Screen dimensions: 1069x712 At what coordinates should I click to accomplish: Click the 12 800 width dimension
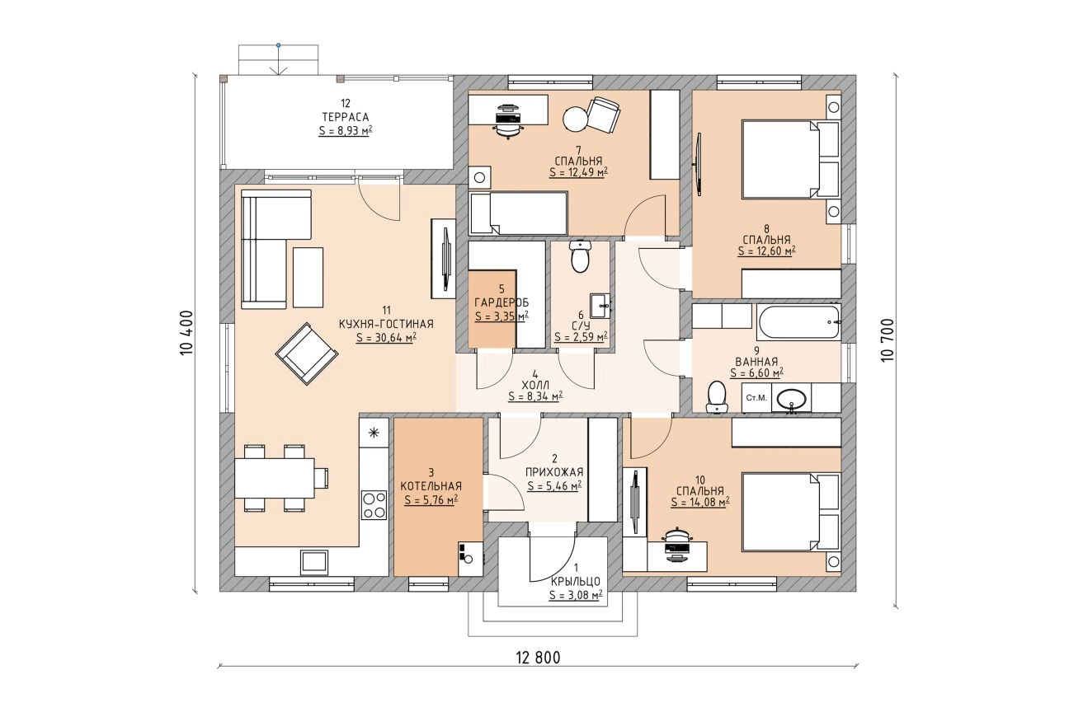coord(538,658)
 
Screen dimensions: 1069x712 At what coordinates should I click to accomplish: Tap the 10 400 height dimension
coord(186,332)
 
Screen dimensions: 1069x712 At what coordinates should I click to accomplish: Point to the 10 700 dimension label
coord(888,340)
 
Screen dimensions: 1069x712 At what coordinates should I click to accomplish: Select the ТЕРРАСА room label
coord(346,117)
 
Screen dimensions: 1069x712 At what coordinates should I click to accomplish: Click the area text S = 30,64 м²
coord(386,338)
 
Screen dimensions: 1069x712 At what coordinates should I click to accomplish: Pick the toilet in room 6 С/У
coord(581,256)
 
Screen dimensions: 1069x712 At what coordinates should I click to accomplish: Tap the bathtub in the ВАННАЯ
coord(799,322)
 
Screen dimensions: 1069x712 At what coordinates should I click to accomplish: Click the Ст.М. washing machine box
coord(756,398)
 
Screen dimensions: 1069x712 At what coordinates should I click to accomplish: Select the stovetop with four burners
coord(374,505)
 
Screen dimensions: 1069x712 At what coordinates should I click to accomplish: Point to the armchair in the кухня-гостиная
coord(307,354)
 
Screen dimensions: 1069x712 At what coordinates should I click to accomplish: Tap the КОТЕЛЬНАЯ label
coord(431,486)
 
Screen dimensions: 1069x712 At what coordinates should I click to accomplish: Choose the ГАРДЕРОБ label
coord(502,302)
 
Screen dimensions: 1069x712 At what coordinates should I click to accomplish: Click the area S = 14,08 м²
coord(700,502)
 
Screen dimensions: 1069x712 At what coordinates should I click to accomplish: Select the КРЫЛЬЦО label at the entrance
coord(576,581)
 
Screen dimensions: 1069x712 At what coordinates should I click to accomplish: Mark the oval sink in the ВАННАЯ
coord(791,398)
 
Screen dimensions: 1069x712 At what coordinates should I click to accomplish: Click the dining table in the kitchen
coord(275,478)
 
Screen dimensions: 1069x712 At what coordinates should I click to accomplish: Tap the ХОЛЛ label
coord(535,385)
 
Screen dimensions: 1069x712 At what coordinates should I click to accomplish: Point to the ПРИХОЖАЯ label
coord(554,472)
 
